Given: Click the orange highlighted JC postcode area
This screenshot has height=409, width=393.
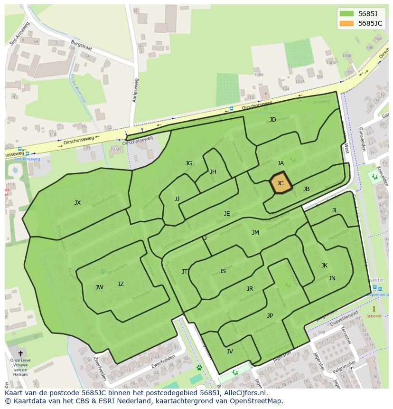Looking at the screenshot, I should click(x=280, y=183).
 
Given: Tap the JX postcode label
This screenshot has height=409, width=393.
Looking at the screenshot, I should click(x=77, y=203).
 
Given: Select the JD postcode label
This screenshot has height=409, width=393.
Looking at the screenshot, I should click(x=272, y=120).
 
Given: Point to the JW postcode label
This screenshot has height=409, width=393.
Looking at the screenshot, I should click(x=99, y=287).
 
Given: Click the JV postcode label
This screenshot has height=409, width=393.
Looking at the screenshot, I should click(x=230, y=352).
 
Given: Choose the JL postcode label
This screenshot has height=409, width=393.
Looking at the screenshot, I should click(x=335, y=210).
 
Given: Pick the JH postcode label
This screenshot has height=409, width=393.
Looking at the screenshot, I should click(x=213, y=172).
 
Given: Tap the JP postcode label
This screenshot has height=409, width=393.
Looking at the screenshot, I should click(x=270, y=316).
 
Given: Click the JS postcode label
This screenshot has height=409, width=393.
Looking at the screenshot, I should click(x=223, y=271).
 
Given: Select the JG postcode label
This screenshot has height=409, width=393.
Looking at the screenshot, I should click(x=189, y=163).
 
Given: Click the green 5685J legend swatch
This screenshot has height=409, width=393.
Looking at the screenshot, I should click(x=346, y=14).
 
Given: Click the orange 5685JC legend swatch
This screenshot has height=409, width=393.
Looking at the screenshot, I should click(x=346, y=23).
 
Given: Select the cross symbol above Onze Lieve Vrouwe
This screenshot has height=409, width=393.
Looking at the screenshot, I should click(x=20, y=353).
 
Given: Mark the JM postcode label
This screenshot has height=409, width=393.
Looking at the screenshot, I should click(x=255, y=233).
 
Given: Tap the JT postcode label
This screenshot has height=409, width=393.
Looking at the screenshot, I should click(x=185, y=272).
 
